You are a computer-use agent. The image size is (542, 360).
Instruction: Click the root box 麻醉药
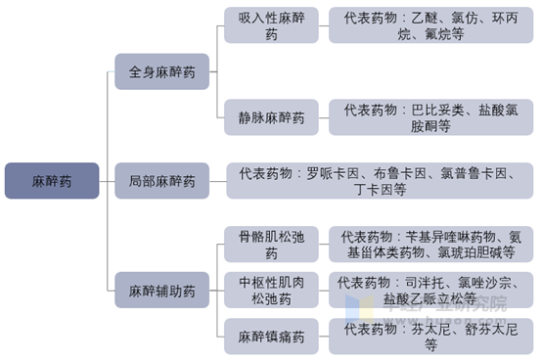click(x=51, y=181)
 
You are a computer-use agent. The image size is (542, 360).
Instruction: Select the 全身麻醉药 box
click(x=161, y=72)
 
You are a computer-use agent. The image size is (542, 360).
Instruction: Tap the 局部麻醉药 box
click(x=161, y=181)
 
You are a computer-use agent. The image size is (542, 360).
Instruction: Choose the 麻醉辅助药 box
click(x=161, y=290)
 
